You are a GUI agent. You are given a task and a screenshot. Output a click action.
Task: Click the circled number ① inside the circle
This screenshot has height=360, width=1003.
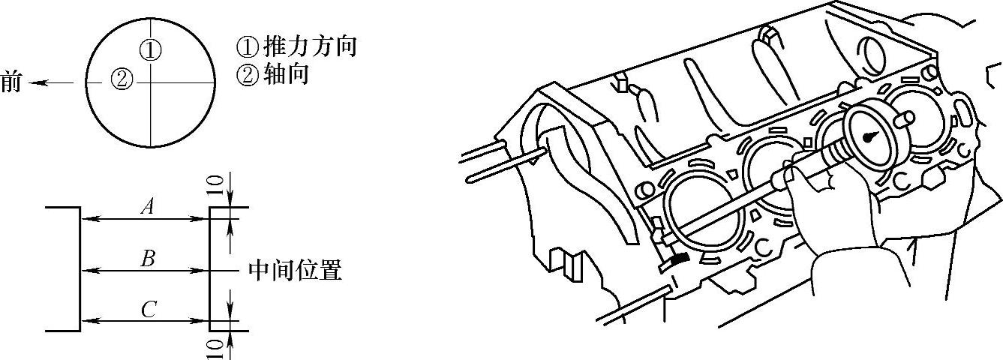point(150,49)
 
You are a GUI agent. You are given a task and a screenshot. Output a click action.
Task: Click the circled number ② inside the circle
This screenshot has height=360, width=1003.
point(121,78)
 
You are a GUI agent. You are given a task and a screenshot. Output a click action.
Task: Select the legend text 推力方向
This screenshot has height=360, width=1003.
point(309,47)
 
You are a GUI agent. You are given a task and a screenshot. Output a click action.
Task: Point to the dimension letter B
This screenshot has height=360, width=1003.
point(148,259)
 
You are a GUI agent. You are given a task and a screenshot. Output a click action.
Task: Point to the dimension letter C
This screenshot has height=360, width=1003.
point(148,309)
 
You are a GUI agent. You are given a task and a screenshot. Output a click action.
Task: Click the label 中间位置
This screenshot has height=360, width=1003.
point(295,270)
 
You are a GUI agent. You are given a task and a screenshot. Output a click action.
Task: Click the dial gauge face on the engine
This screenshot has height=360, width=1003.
point(871,135)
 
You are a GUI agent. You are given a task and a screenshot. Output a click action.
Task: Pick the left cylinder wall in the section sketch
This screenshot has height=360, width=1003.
point(80,268)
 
